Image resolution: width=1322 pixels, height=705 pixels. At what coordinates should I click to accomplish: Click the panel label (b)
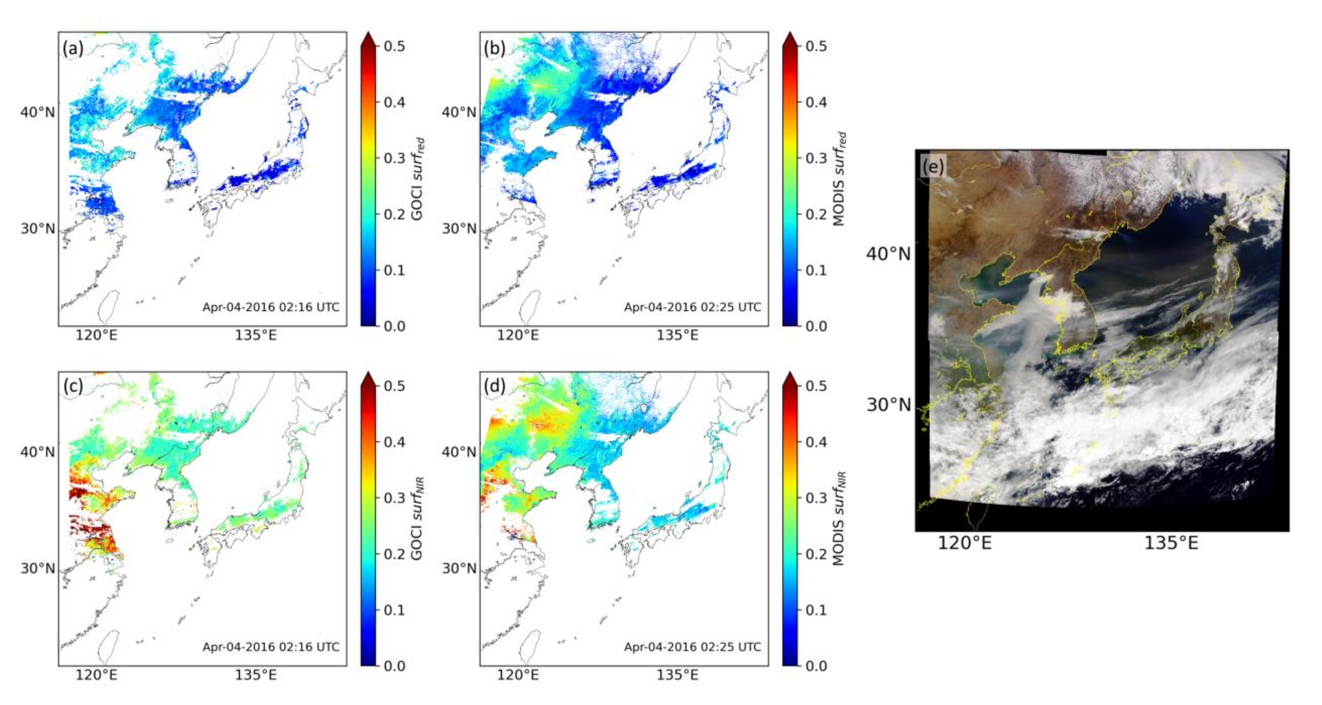coord(494,48)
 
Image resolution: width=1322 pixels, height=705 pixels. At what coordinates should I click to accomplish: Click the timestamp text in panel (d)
coord(692,647)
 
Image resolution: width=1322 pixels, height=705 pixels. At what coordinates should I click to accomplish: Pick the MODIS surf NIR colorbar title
coord(839,519)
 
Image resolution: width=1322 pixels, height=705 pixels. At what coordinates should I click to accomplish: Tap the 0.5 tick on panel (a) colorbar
coord(394,46)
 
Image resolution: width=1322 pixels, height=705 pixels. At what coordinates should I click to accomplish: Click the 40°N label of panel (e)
coord(888,253)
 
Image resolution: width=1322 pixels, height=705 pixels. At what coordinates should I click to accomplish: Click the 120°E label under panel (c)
coord(96,675)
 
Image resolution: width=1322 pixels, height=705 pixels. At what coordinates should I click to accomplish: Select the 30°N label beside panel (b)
coord(459,228)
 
